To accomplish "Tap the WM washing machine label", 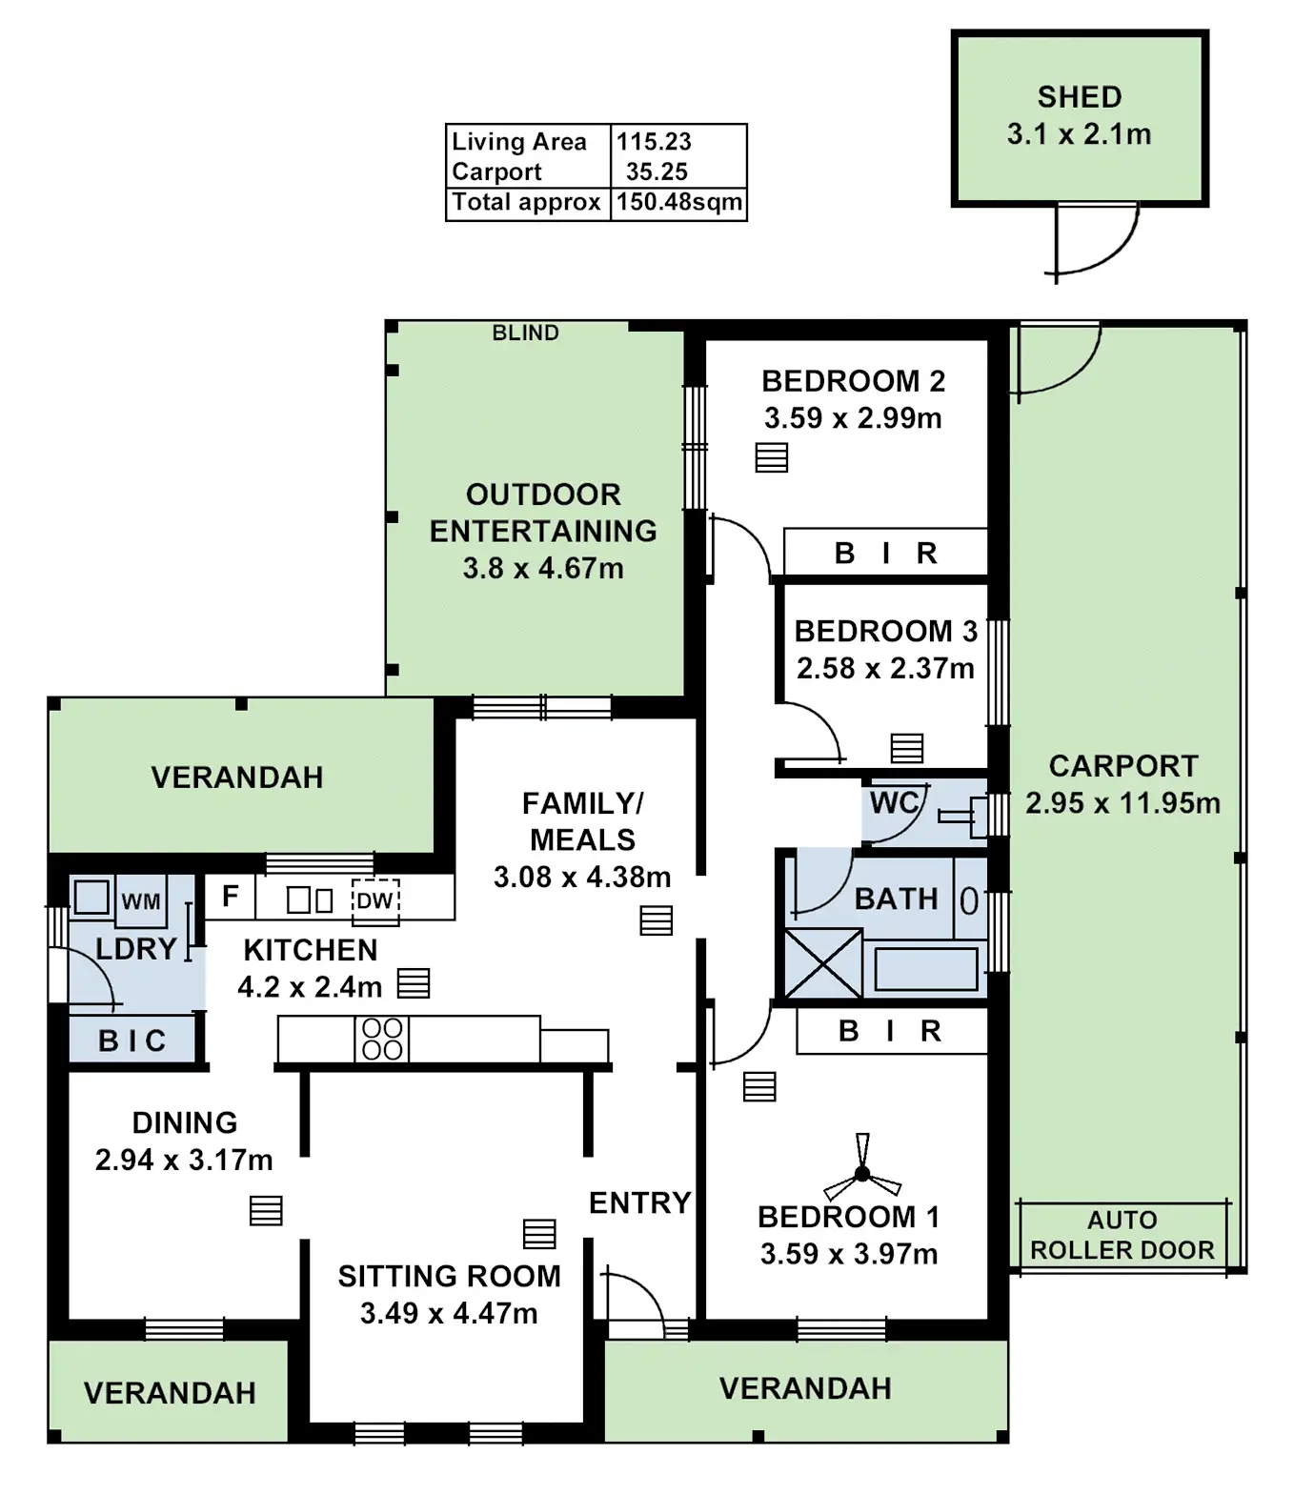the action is pyautogui.click(x=141, y=901).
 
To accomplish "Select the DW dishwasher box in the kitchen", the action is pyautogui.click(x=374, y=900).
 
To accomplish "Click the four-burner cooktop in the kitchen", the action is pyautogui.click(x=382, y=1039).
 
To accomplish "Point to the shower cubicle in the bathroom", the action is pyautogui.click(x=822, y=963).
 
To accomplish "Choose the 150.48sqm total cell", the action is pyautogui.click(x=678, y=203).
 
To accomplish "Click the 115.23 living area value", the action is pyautogui.click(x=654, y=142).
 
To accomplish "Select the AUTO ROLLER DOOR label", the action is pyautogui.click(x=1122, y=1235).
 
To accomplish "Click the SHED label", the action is pyautogui.click(x=1080, y=97).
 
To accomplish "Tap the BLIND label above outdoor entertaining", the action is pyautogui.click(x=525, y=333).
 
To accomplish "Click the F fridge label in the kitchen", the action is pyautogui.click(x=230, y=897).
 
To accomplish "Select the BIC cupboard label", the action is pyautogui.click(x=132, y=1040).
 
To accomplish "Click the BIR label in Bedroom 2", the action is pyautogui.click(x=886, y=554).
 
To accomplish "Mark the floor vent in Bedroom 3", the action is pyautogui.click(x=907, y=748).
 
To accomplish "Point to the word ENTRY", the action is pyautogui.click(x=639, y=1203).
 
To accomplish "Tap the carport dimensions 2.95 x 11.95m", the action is pyautogui.click(x=1122, y=803).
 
